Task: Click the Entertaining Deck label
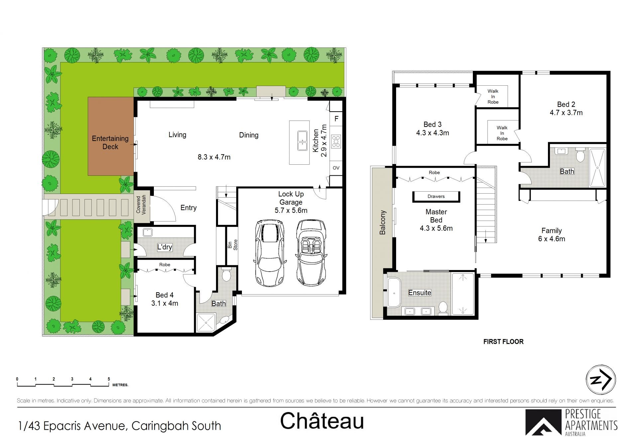[x=110, y=142]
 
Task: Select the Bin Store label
[x=233, y=245]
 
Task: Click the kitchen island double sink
[x=302, y=141]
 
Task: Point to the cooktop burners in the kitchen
[x=336, y=141]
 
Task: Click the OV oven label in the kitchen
[x=336, y=168]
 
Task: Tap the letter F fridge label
[x=336, y=119]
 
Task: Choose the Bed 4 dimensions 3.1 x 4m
[x=164, y=303]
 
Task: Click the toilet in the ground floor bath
[x=226, y=275]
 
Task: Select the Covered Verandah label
[x=141, y=205]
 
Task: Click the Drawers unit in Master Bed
[x=436, y=197]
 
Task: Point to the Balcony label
[x=382, y=222]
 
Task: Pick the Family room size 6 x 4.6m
[x=552, y=239]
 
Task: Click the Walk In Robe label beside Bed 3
[x=493, y=96]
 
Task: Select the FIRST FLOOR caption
[x=503, y=342]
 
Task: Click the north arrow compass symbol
[x=600, y=380]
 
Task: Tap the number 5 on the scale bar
[x=109, y=379]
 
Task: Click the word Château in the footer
[x=322, y=421]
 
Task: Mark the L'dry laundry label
[x=164, y=247]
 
